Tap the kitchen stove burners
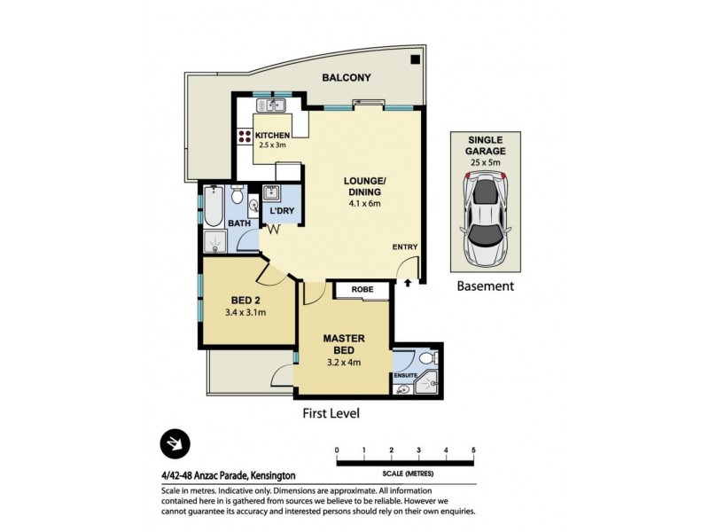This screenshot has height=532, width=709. [x=244, y=137]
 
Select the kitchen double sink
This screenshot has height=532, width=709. [x=277, y=106]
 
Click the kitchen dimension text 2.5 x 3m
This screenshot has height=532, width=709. [x=273, y=145]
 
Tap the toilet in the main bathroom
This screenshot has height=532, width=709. [x=237, y=197]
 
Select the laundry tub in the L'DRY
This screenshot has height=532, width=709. [x=272, y=194]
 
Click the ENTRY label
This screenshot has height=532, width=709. [x=405, y=247]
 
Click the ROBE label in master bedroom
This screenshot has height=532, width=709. [x=362, y=290]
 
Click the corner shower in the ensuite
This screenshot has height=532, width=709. [x=428, y=382]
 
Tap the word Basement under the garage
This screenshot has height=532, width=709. [x=485, y=286]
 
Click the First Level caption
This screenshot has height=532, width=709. [x=329, y=413]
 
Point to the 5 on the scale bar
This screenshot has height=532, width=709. [x=474, y=450]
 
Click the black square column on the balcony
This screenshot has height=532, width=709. [x=415, y=60]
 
